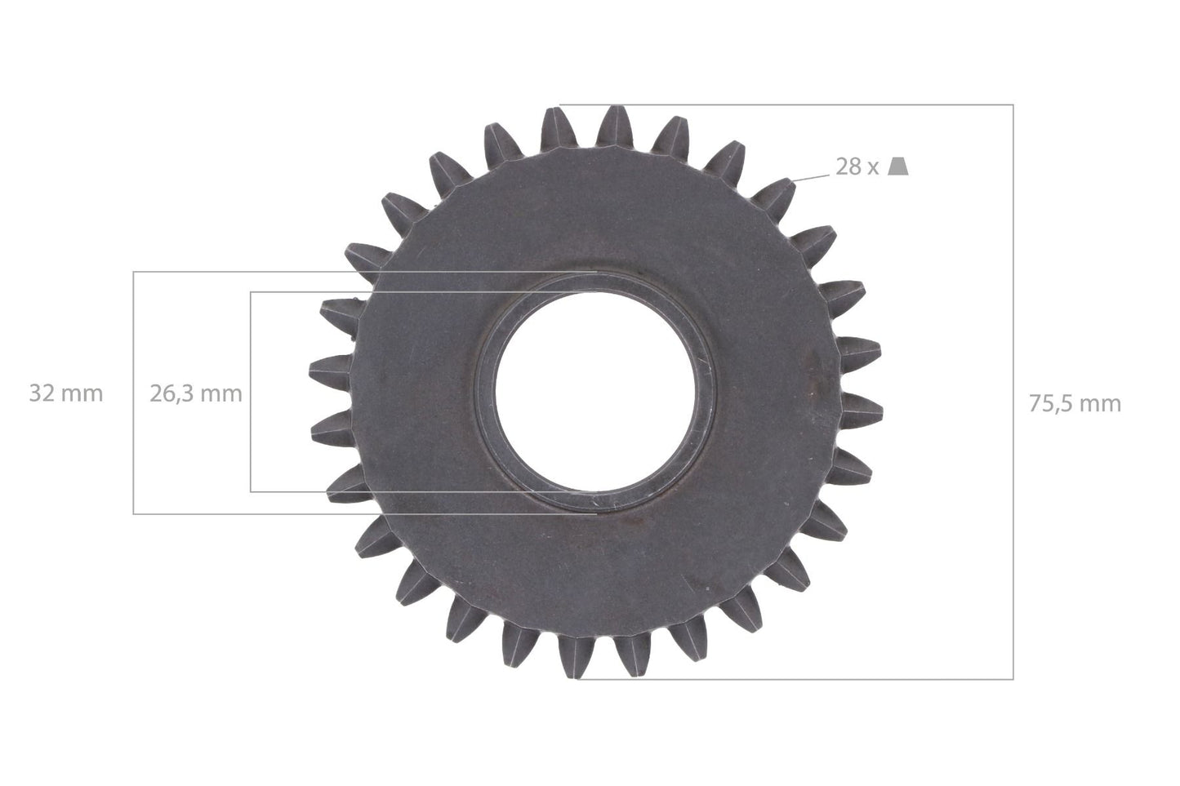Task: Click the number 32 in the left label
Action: (42, 393)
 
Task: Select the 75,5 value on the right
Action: (1052, 404)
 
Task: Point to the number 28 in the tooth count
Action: (848, 167)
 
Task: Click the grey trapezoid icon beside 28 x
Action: (898, 167)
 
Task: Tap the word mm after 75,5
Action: (1101, 406)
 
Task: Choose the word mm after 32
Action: (82, 395)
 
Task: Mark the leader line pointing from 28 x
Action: (810, 177)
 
